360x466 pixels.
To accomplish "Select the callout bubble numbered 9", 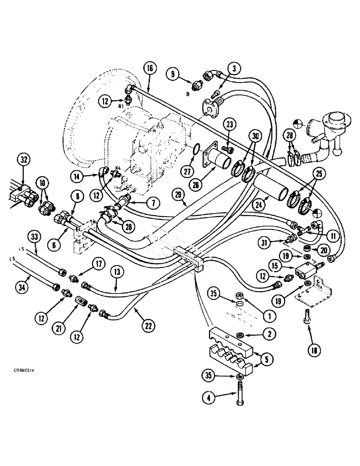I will (173, 73).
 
